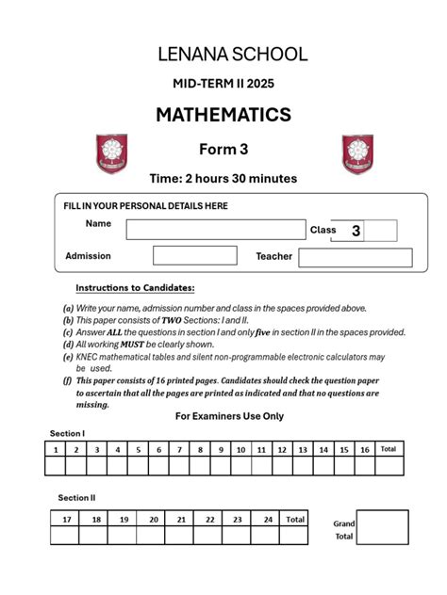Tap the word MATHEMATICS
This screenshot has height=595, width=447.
(x=223, y=115)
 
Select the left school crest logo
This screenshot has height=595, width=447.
(x=111, y=153)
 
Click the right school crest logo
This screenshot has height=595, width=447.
(x=356, y=153)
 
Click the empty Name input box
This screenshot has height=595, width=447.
(x=216, y=229)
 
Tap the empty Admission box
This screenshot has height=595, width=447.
(x=194, y=255)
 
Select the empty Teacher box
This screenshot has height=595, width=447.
(x=356, y=257)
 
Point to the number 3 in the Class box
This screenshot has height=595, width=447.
(x=356, y=231)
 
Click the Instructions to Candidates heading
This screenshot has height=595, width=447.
(x=135, y=288)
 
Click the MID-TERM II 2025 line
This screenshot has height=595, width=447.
(x=223, y=84)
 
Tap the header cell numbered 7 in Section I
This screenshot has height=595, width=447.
(x=179, y=450)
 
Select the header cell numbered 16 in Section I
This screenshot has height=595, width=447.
(x=364, y=450)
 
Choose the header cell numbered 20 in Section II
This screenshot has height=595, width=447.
(x=152, y=519)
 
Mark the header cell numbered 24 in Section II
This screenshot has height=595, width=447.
(x=268, y=519)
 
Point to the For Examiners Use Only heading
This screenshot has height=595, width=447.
(x=230, y=416)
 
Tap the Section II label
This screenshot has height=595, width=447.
(x=76, y=497)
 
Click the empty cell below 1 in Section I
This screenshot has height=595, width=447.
(x=56, y=465)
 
